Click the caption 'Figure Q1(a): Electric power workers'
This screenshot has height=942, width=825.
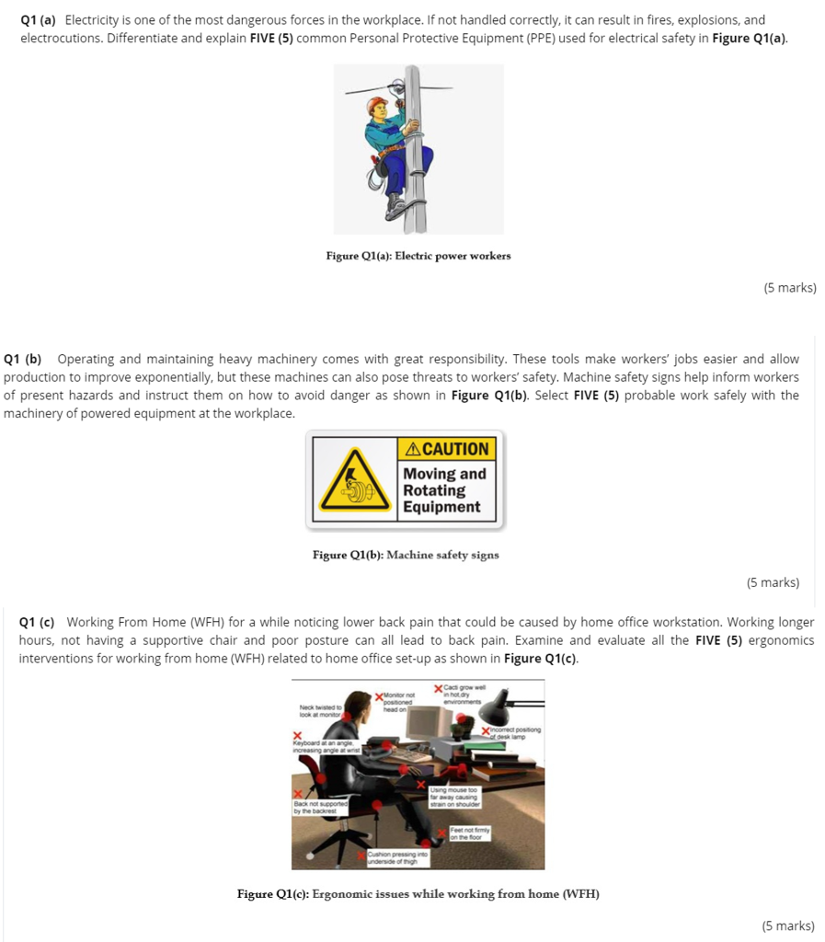[418, 256]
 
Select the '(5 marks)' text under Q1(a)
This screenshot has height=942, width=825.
[789, 288]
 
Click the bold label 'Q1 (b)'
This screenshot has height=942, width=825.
[23, 359]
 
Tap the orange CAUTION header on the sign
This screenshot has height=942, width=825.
[448, 449]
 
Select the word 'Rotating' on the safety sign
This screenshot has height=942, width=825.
[434, 490]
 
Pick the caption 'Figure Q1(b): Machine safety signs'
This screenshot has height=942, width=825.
[406, 555]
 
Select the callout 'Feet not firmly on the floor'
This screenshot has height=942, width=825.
[470, 833]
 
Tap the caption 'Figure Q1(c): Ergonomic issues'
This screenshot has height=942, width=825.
[418, 894]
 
